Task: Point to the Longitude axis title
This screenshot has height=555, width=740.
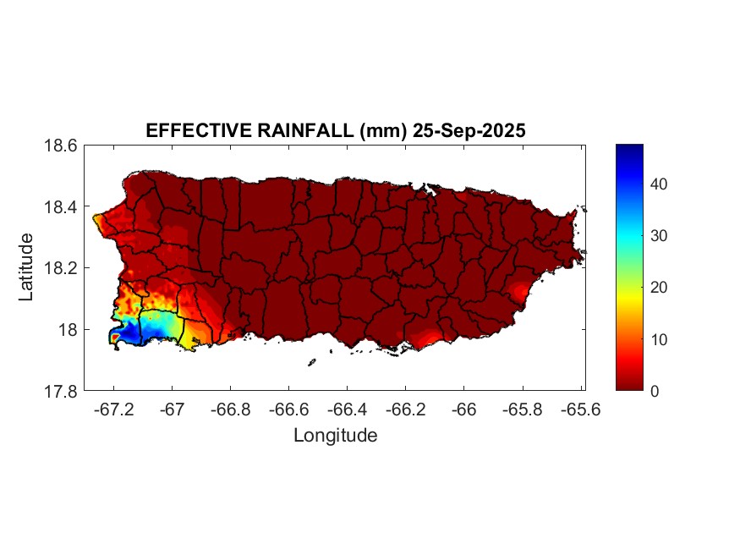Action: [335, 436]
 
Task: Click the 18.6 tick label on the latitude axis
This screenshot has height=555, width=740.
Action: [61, 146]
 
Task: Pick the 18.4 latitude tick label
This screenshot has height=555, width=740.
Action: [61, 207]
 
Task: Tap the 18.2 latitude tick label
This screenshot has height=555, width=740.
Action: [61, 268]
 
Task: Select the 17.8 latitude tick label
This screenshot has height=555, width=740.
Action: [61, 391]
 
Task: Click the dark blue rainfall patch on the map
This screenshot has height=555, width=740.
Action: [127, 332]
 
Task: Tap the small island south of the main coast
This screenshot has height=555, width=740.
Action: [311, 362]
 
